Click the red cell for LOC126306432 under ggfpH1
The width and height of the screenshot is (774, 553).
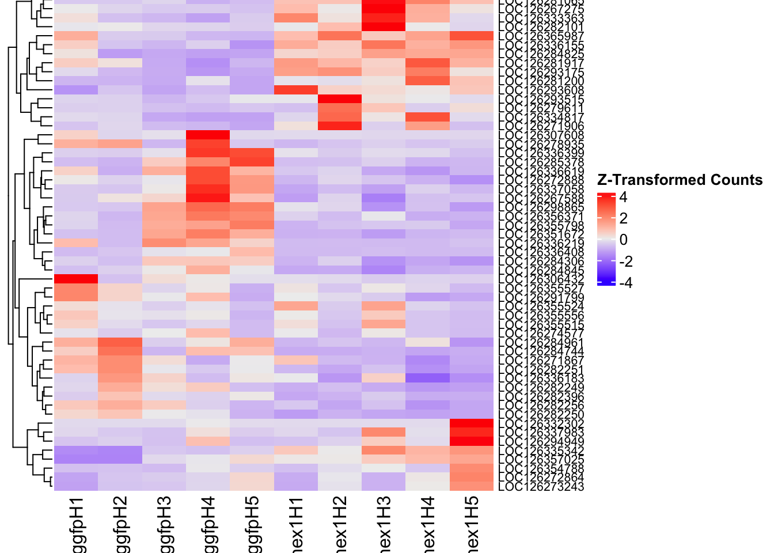pyautogui.click(x=76, y=279)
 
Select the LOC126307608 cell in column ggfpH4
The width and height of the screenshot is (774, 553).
pyautogui.click(x=208, y=135)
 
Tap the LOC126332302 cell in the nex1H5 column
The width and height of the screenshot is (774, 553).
pyautogui.click(x=472, y=423)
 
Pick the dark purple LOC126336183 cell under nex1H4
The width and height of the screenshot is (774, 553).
pyautogui.click(x=427, y=378)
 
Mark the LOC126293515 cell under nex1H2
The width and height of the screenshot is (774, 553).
pyautogui.click(x=340, y=99)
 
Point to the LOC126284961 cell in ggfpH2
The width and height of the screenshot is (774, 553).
pyautogui.click(x=120, y=342)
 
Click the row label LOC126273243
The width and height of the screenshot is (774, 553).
pyautogui.click(x=541, y=487)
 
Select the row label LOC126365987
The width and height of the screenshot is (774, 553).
pyautogui.click(x=541, y=36)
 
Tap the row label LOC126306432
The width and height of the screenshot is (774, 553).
pyautogui.click(x=541, y=279)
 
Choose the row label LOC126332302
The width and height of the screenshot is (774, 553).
pyautogui.click(x=541, y=424)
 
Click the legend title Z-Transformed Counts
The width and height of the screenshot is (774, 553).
pyautogui.click(x=680, y=180)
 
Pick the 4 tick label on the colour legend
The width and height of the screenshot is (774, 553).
pyautogui.click(x=623, y=197)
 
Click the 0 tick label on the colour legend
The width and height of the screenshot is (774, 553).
pyautogui.click(x=623, y=240)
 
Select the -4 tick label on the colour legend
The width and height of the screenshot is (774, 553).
pyautogui.click(x=625, y=283)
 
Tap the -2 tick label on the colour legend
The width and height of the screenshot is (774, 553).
pyautogui.click(x=625, y=262)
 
